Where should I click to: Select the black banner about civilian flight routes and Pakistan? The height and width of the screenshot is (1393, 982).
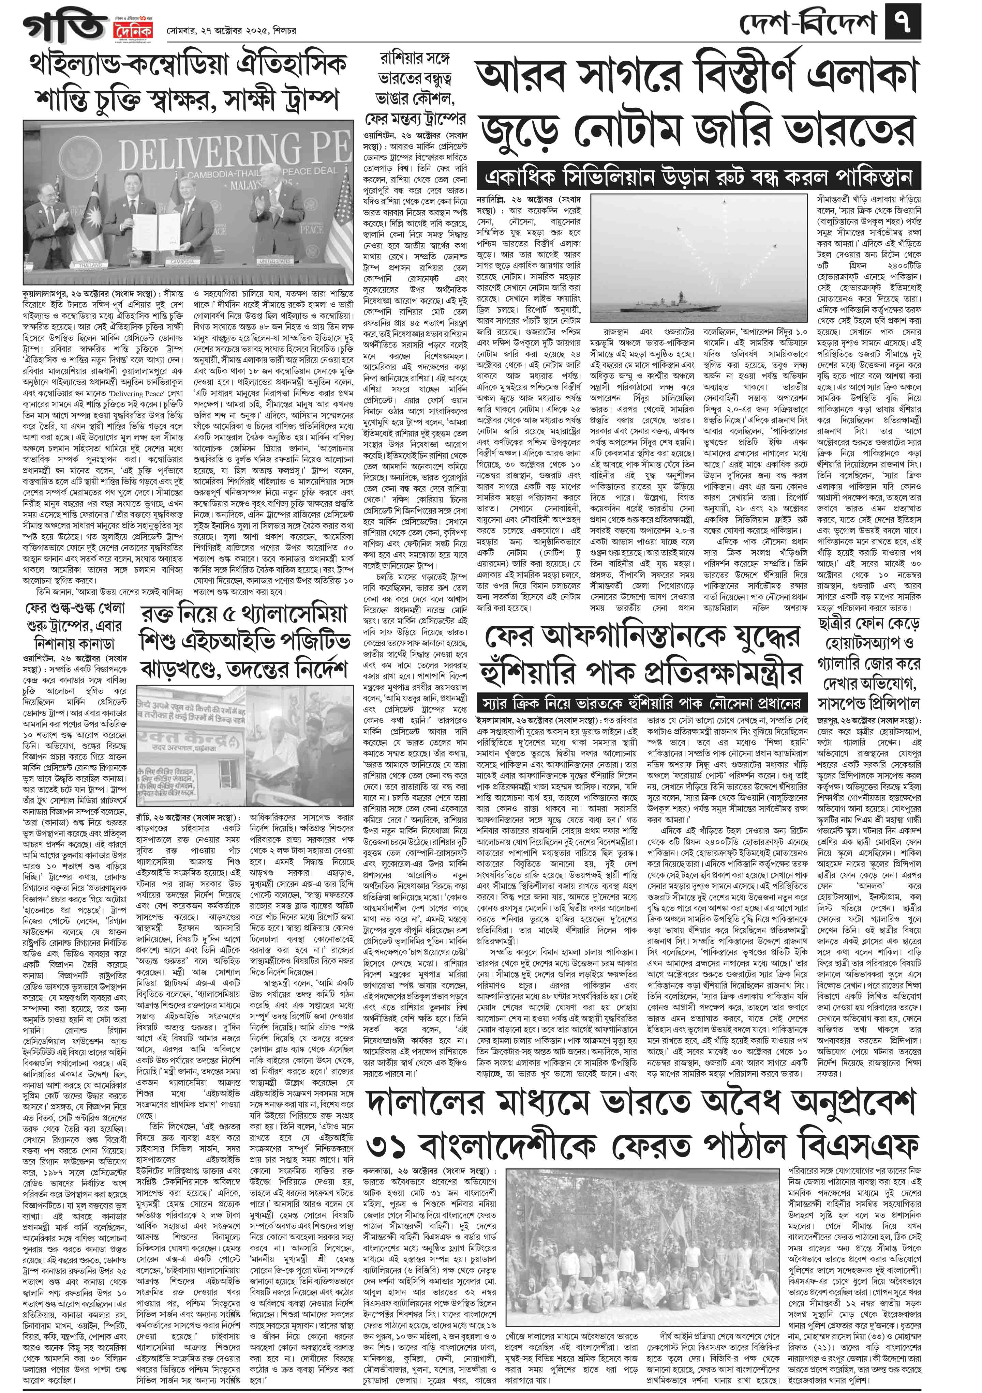point(698,177)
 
